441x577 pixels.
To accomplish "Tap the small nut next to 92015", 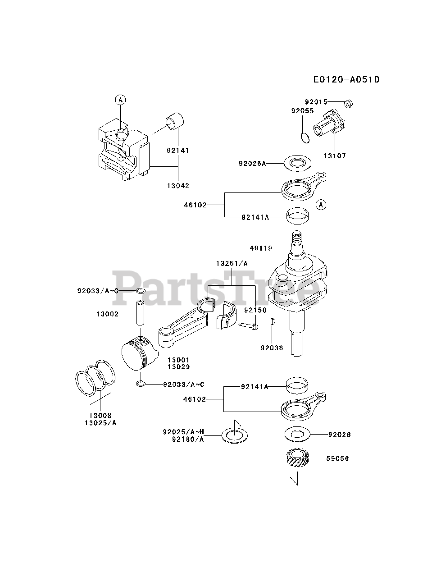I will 348,104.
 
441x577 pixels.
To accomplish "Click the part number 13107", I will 335,156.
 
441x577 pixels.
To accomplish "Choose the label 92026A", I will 252,163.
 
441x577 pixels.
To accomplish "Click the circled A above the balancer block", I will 120,100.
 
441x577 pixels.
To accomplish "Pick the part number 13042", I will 177,186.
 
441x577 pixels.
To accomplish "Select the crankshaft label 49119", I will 261,248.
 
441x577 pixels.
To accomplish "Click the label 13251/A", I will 232,263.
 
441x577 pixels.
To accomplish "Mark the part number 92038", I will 272,348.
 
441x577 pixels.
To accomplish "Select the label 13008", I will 100,415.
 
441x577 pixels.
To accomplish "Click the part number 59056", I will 337,459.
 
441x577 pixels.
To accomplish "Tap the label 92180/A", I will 188,439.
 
